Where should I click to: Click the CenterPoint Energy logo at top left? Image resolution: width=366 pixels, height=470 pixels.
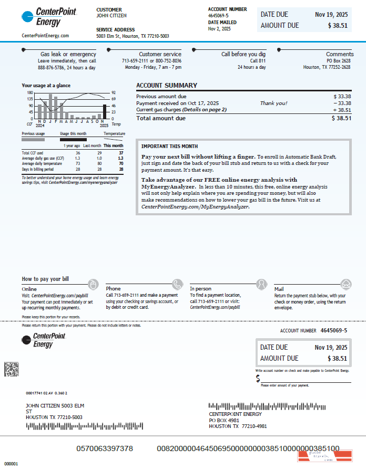tap(43, 17)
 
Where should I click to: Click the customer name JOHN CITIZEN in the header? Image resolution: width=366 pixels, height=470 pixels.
tap(111, 16)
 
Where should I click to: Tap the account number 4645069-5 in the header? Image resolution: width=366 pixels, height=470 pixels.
tap(218, 16)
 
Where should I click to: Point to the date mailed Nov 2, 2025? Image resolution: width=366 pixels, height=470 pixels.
tap(219, 29)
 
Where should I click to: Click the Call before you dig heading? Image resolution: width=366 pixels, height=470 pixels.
tap(243, 54)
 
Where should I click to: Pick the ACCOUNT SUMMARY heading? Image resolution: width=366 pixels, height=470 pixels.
tap(167, 86)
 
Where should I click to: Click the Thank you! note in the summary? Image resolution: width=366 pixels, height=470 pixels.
tap(273, 103)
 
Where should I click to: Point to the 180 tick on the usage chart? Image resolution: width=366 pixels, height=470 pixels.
tap(30, 93)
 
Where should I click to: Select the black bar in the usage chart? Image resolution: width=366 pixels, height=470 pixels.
tap(104, 112)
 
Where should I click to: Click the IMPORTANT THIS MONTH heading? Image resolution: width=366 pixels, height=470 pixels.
tap(169, 146)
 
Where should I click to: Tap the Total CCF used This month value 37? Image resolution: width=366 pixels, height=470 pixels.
tap(121, 153)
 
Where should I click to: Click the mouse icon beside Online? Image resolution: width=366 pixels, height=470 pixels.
tap(93, 285)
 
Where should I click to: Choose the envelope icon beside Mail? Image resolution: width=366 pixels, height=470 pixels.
tap(345, 285)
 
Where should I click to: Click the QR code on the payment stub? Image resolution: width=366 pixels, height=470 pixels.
tap(12, 369)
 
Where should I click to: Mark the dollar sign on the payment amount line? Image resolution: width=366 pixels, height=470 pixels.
tap(258, 379)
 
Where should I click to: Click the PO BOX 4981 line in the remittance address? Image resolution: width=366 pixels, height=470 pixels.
tap(225, 420)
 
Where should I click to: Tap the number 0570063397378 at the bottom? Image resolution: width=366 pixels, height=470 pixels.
tap(105, 448)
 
